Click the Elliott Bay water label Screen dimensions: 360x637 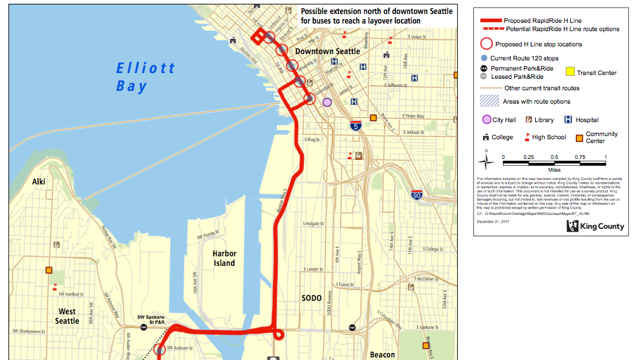coord(145,76)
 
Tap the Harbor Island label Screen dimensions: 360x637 coord(224,258)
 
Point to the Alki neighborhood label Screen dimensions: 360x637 coord(39,182)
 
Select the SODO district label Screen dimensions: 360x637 coord(312,298)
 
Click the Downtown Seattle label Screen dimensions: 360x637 coord(327,51)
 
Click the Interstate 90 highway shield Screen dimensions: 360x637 coord(417,195)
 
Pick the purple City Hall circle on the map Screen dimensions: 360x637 coord(327,102)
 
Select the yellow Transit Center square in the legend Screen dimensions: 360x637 coord(570,73)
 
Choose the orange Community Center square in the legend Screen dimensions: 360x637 coord(579,137)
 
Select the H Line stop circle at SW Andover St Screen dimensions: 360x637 coord(158,349)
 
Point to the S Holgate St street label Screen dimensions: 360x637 coord(314,224)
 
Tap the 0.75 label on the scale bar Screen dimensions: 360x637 coord(580,156)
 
